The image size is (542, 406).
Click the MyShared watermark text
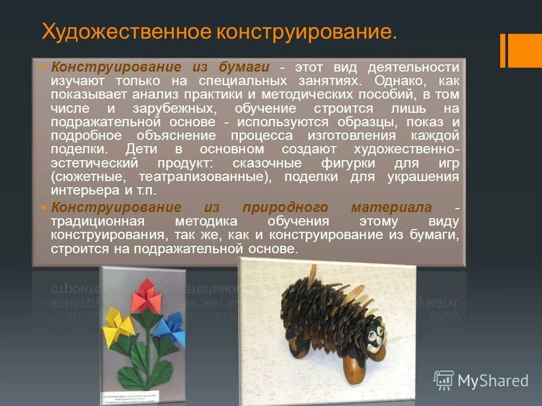(x=493, y=381)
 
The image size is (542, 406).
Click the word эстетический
(x=94, y=164)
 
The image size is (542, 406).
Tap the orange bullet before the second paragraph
(x=43, y=208)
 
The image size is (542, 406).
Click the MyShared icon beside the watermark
(x=444, y=381)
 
